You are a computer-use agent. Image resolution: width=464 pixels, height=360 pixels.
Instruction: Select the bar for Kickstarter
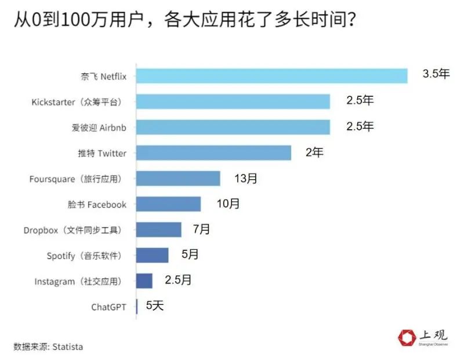click(x=233, y=101)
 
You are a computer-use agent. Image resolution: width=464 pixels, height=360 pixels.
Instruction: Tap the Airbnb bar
click(x=233, y=127)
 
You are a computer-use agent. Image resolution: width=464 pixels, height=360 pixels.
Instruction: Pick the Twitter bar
click(x=213, y=152)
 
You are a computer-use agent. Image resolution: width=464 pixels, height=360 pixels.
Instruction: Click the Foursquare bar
click(x=178, y=179)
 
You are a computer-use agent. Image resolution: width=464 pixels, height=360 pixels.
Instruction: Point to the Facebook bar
click(x=168, y=204)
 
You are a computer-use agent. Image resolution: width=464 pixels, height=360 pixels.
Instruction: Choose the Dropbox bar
click(x=158, y=230)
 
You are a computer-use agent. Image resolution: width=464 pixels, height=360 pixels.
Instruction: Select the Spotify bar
click(x=152, y=255)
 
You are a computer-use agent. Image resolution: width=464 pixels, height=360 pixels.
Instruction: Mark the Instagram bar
click(x=144, y=281)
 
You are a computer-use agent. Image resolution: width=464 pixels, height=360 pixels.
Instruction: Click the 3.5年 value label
click(x=436, y=74)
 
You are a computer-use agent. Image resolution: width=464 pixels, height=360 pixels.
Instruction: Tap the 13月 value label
click(x=246, y=178)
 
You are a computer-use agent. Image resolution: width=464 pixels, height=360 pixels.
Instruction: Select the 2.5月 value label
click(x=178, y=280)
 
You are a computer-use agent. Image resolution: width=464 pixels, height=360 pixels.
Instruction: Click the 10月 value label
click(x=227, y=203)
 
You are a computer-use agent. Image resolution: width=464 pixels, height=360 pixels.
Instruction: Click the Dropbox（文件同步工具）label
click(x=73, y=230)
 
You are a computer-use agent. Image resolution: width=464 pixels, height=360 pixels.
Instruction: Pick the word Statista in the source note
click(x=68, y=347)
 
